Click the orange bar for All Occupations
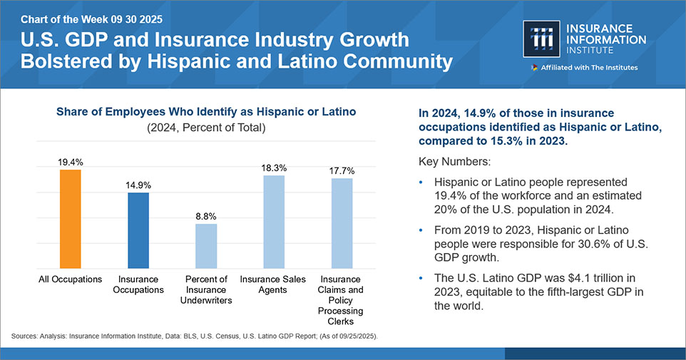pos(71,217)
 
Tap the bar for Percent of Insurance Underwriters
pos(206,245)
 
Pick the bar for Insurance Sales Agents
pos(274,220)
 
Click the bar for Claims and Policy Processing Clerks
pos(342,222)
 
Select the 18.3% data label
pos(274,168)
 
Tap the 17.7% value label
pos(342,171)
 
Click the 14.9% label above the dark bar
pos(138,185)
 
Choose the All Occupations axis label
pos(71,279)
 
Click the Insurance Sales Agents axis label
pos(274,284)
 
